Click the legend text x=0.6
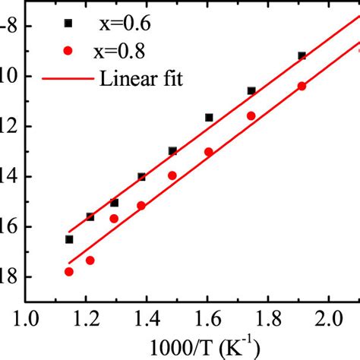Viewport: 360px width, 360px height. (126, 23)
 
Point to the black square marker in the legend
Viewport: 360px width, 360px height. (68, 24)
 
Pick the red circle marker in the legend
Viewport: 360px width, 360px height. (68, 51)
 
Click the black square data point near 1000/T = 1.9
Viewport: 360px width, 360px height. (302, 55)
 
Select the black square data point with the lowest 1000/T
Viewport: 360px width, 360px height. (69, 239)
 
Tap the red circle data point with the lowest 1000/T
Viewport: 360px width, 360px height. (69, 272)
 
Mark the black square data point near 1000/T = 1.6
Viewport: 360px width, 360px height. (209, 118)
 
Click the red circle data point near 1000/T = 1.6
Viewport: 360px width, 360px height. (209, 152)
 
